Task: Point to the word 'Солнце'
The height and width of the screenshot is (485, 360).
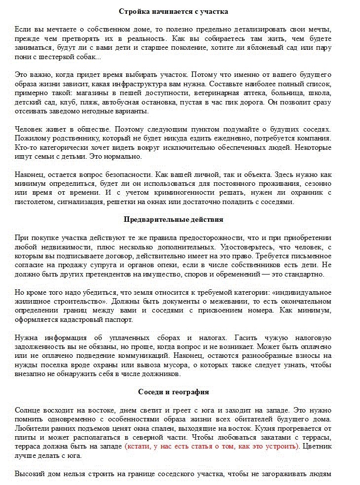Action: (27, 410)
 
